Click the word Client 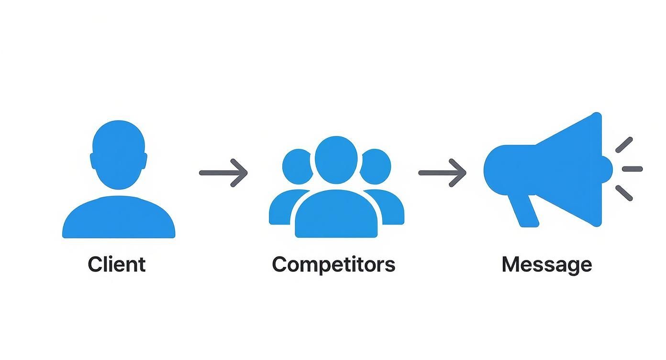(x=117, y=264)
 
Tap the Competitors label (x=333, y=265)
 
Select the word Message (x=547, y=265)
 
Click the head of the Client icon (x=119, y=155)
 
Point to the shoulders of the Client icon (x=119, y=217)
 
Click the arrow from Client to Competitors (x=223, y=173)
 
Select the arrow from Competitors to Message (x=443, y=173)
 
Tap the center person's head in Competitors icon (x=336, y=160)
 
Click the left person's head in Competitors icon (x=297, y=167)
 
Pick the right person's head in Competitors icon (x=376, y=167)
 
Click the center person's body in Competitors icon (x=336, y=214)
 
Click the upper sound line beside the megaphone (x=624, y=145)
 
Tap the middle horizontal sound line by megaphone (x=633, y=169)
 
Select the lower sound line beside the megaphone (x=624, y=193)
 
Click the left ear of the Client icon (x=93, y=161)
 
